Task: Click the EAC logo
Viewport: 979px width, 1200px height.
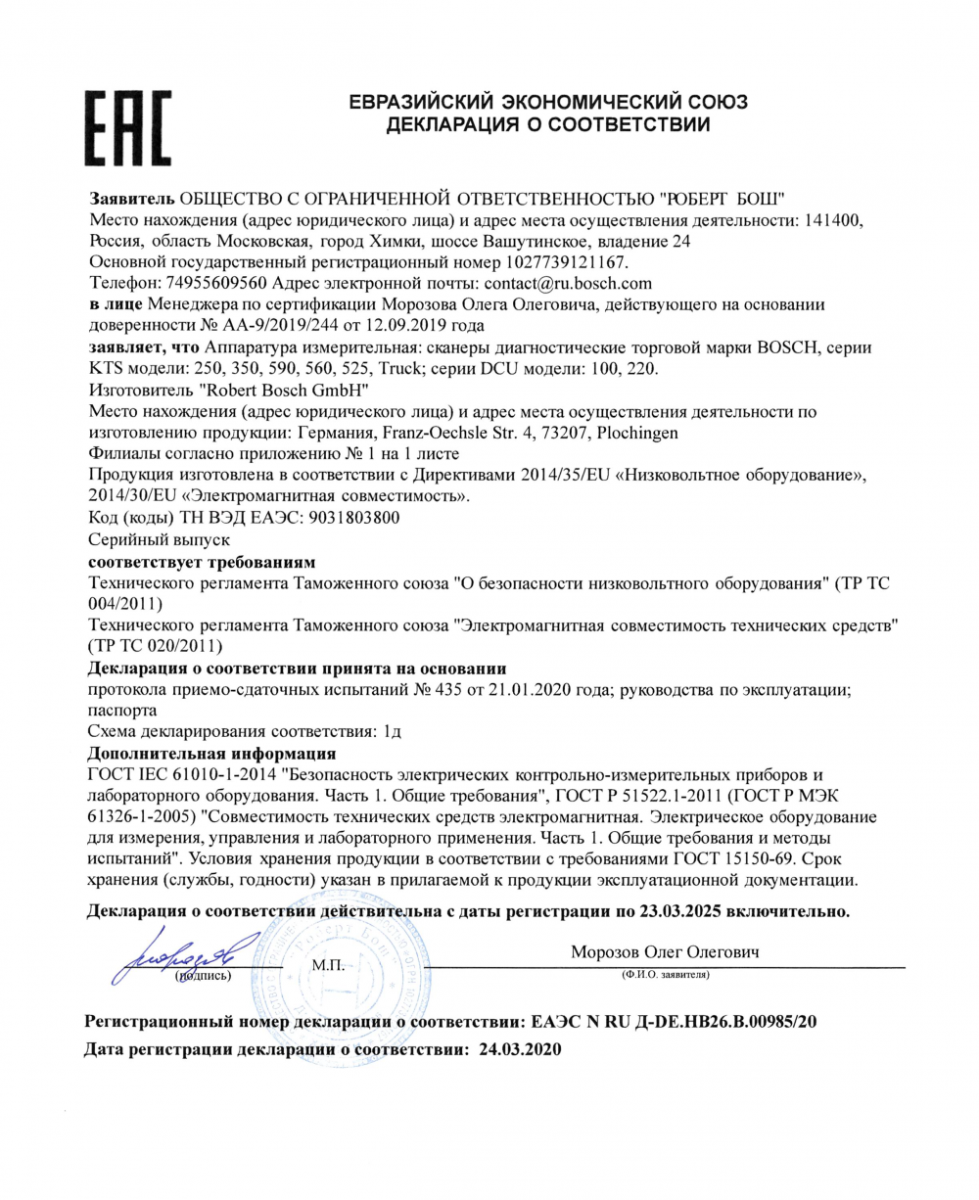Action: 129,131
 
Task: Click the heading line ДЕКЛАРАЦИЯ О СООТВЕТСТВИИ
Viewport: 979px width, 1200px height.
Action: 548,124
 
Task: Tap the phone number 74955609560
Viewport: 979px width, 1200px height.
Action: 211,284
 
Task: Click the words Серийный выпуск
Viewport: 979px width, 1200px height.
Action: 159,539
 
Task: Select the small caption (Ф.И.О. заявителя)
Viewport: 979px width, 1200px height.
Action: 665,976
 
